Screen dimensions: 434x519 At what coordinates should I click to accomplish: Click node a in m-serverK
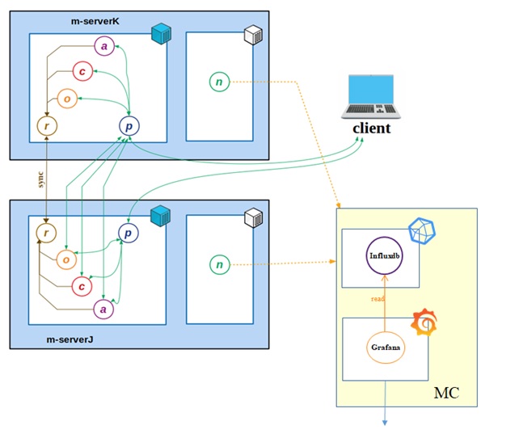(104, 46)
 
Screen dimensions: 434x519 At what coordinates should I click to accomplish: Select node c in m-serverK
(82, 71)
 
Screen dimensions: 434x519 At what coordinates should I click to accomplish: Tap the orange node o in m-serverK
(68, 98)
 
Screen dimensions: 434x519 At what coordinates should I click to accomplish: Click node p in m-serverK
(129, 125)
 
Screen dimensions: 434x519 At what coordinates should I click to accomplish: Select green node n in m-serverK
(219, 81)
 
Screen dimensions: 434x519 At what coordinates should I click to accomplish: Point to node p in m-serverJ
(129, 234)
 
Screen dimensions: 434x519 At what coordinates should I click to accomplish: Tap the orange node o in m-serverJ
(66, 259)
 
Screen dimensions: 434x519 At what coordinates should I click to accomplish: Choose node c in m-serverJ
(82, 285)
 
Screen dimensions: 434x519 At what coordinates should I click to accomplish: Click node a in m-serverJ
(103, 308)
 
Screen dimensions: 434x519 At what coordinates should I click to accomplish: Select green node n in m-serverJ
(219, 263)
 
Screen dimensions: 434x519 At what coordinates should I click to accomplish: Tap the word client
(371, 128)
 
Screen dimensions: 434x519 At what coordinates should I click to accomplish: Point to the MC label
(447, 393)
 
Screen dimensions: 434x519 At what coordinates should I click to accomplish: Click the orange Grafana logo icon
(426, 322)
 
